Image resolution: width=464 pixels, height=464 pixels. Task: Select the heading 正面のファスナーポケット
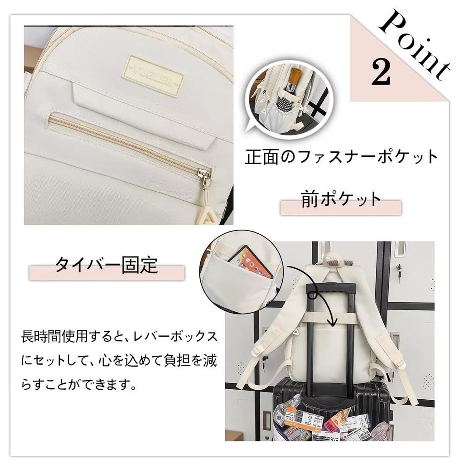pyautogui.click(x=341, y=157)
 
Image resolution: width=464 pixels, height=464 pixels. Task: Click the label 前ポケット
pyautogui.click(x=341, y=200)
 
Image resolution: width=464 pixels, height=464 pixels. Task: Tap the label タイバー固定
pyautogui.click(x=106, y=265)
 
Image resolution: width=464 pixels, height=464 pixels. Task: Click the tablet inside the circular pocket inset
pyautogui.click(x=251, y=262)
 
